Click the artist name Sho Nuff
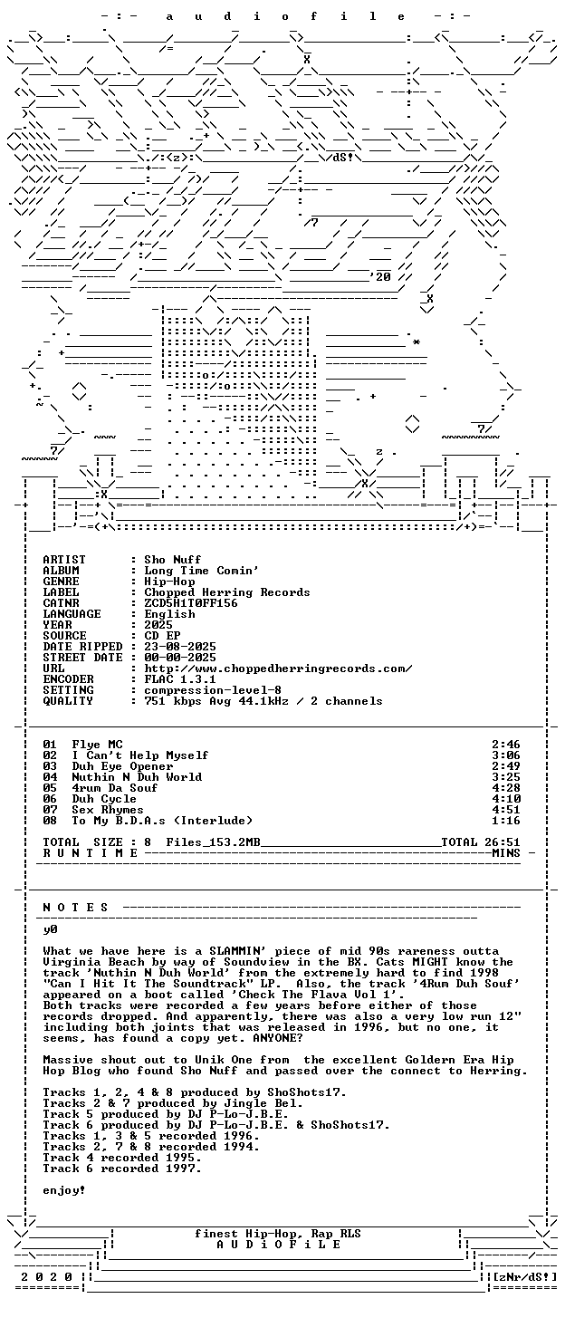[x=172, y=559]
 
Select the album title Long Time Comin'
[x=202, y=570]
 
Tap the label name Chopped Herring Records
[x=226, y=592]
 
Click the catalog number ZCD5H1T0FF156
[x=191, y=603]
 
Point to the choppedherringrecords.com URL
[x=278, y=668]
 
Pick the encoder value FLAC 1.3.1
[x=180, y=679]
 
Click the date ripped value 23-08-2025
[x=180, y=647]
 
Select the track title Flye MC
[x=97, y=745]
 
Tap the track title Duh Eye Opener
[x=122, y=765]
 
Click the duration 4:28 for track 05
[x=506, y=788]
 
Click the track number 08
[x=50, y=820]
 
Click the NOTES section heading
[x=75, y=908]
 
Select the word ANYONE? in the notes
[x=277, y=1038]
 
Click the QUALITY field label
[x=68, y=701]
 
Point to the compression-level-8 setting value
[x=213, y=690]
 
